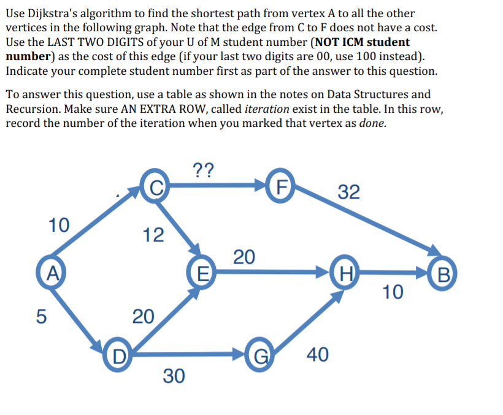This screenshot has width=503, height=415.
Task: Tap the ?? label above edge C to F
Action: (x=203, y=169)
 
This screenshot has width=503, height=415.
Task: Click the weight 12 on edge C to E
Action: (x=153, y=234)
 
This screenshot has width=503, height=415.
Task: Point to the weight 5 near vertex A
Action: (x=40, y=316)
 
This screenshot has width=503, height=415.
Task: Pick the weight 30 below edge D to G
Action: (x=174, y=376)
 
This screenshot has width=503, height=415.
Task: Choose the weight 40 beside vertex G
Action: (x=316, y=354)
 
